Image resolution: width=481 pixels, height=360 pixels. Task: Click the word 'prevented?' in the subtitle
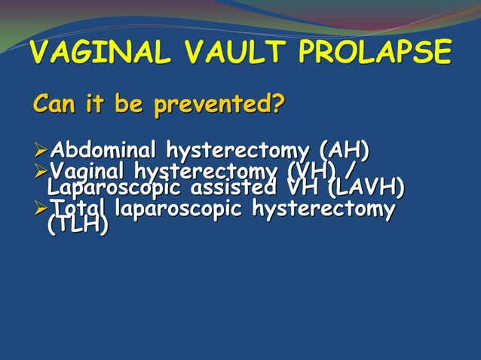point(219,105)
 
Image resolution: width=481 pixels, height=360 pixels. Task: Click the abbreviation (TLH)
point(78,225)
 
